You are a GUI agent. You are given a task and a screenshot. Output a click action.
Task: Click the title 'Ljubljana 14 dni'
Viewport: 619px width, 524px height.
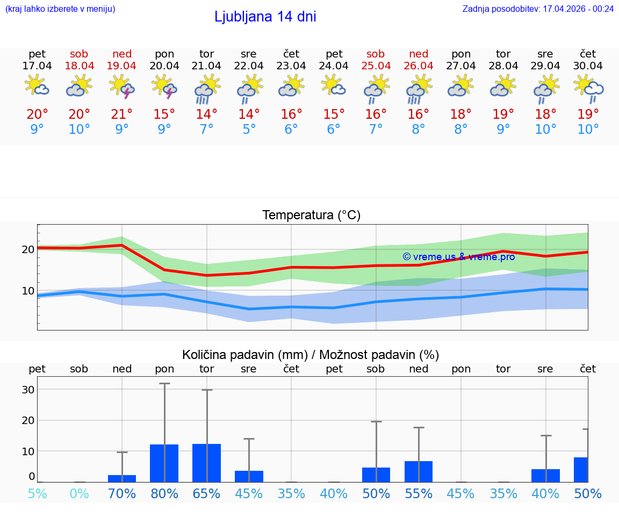pyautogui.click(x=265, y=17)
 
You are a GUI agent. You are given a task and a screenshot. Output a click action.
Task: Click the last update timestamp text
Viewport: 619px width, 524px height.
pyautogui.click(x=538, y=9)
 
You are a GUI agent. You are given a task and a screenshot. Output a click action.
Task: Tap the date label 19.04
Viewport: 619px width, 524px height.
pyautogui.click(x=122, y=66)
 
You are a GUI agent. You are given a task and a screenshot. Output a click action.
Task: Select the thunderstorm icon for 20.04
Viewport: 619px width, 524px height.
pyautogui.click(x=164, y=87)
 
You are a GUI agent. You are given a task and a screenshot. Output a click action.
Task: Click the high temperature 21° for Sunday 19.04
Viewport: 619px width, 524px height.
pyautogui.click(x=122, y=114)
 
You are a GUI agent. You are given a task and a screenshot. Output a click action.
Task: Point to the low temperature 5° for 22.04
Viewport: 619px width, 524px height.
pyautogui.click(x=249, y=130)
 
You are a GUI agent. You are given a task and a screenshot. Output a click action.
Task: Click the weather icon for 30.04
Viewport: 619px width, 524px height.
pyautogui.click(x=588, y=87)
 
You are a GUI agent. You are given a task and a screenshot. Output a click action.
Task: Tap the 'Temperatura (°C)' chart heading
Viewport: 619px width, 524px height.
pyautogui.click(x=311, y=216)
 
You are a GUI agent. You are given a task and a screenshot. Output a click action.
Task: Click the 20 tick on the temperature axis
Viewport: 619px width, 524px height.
pyautogui.click(x=28, y=249)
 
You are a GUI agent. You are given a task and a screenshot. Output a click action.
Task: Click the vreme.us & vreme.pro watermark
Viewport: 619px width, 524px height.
pyautogui.click(x=458, y=257)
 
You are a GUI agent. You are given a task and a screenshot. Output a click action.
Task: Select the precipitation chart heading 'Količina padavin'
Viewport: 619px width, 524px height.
pyautogui.click(x=311, y=355)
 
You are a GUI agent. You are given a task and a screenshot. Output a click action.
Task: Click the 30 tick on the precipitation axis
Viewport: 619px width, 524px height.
pyautogui.click(x=28, y=390)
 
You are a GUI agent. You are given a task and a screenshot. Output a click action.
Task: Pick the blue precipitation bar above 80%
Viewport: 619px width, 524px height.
pyautogui.click(x=164, y=463)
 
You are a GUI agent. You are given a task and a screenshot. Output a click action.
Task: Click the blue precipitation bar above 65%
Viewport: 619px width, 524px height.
pyautogui.click(x=206, y=463)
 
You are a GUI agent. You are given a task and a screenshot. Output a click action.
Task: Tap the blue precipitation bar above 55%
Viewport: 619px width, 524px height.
pyautogui.click(x=419, y=471)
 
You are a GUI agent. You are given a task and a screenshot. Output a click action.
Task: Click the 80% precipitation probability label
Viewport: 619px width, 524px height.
pyautogui.click(x=164, y=493)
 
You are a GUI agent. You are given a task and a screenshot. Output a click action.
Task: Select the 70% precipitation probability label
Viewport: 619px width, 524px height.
pyautogui.click(x=122, y=493)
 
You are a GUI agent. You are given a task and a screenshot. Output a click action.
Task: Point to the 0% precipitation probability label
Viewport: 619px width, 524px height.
pyautogui.click(x=79, y=493)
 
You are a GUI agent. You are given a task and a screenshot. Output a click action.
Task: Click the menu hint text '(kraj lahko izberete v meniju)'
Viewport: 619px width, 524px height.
pyautogui.click(x=60, y=9)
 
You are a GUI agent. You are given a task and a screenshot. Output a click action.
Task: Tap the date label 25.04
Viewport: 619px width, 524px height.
pyautogui.click(x=376, y=66)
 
